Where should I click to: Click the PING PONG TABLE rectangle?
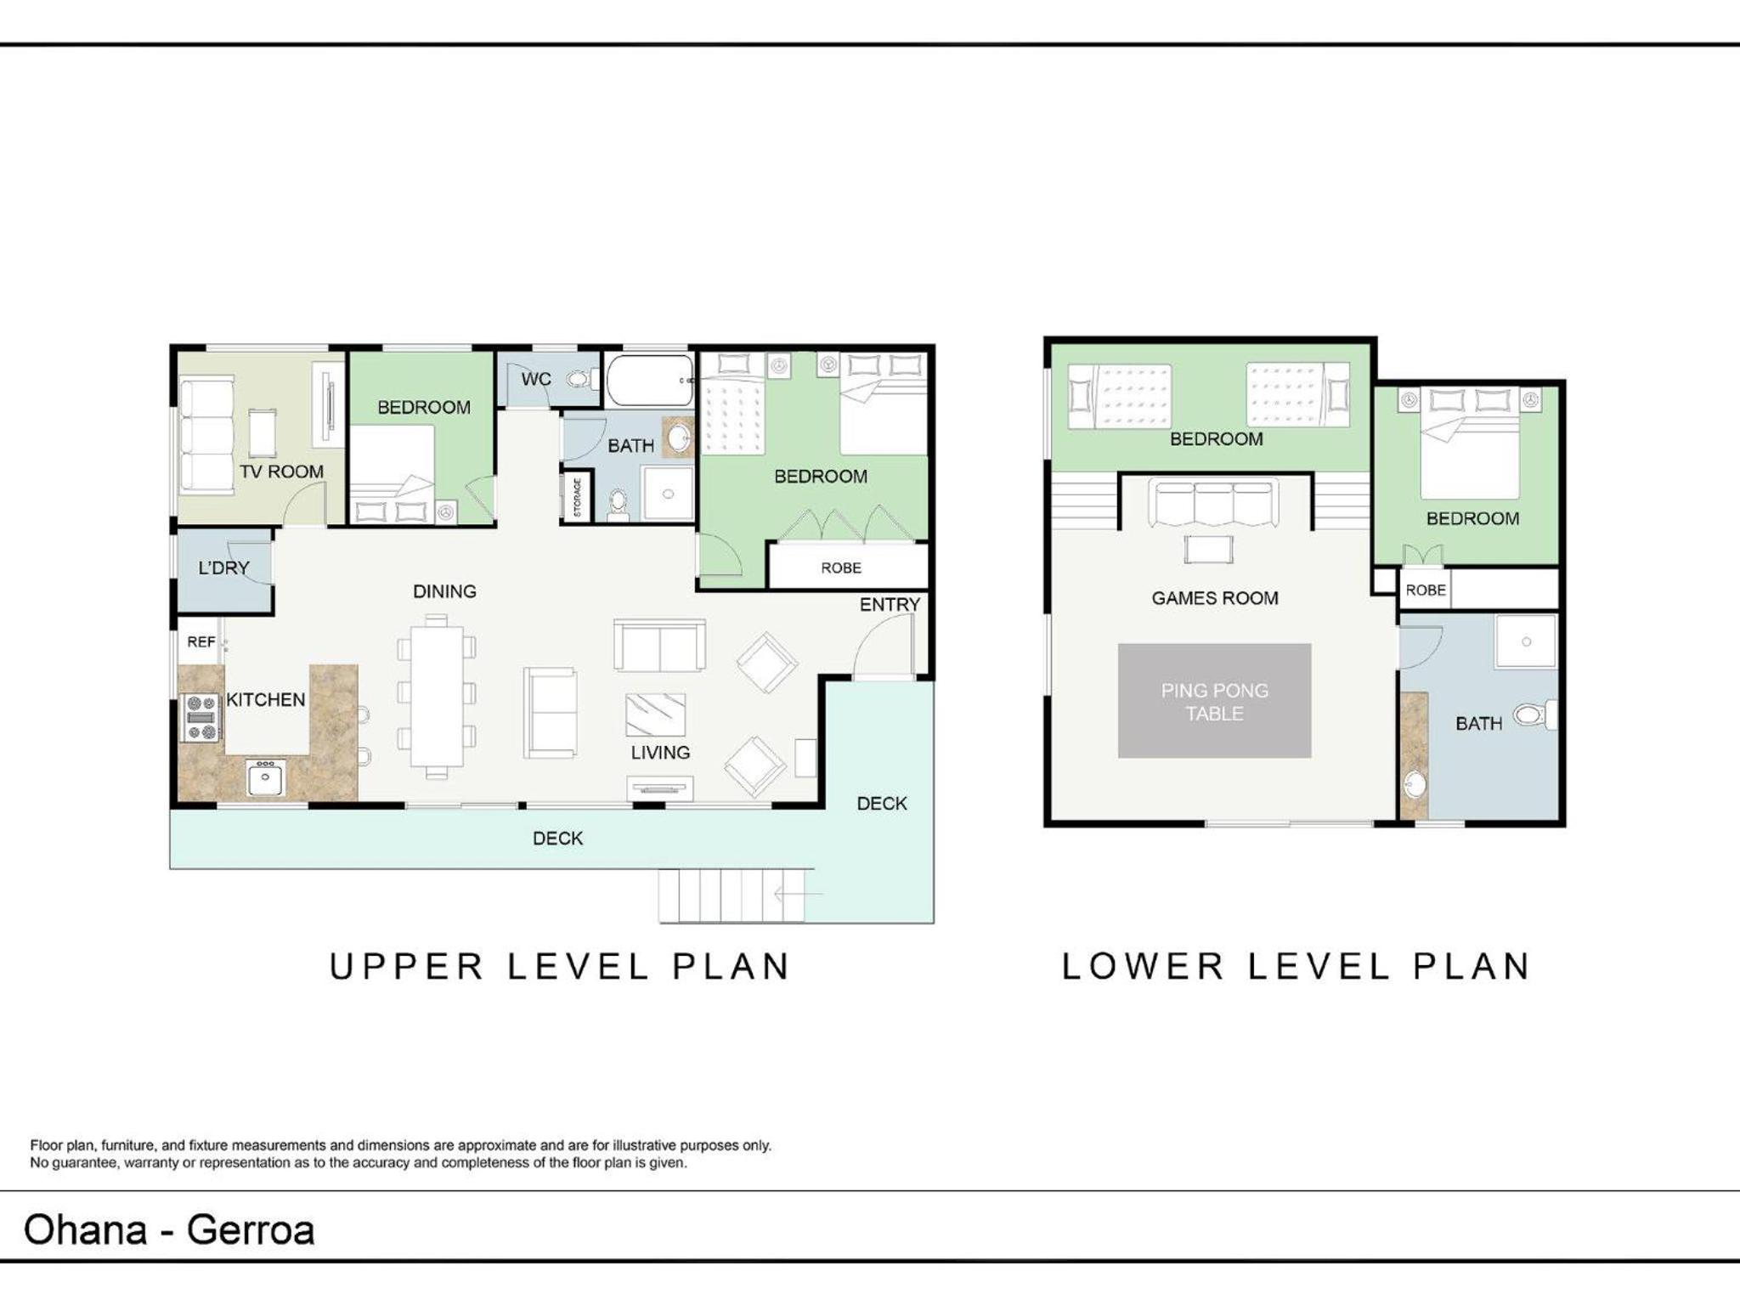coord(1214,701)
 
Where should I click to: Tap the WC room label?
coord(536,379)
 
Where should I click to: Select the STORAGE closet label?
coord(578,497)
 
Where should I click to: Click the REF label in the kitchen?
coord(201,642)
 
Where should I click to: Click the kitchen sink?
coord(266,777)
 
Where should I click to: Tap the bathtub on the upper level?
coord(650,381)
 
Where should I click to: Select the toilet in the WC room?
coord(580,379)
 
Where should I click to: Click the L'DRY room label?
coord(223,568)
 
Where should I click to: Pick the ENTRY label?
coord(890,604)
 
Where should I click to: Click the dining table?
coord(437,697)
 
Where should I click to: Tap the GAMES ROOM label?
coord(1215,598)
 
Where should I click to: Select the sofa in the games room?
coord(1214,503)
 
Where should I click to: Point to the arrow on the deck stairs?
coord(799,893)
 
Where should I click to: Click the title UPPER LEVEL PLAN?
coord(561,967)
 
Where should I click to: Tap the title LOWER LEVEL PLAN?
coord(1297,967)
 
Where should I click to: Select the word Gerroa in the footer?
coord(251,1230)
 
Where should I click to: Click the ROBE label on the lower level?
coord(1426,590)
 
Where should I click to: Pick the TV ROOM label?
coord(281,472)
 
